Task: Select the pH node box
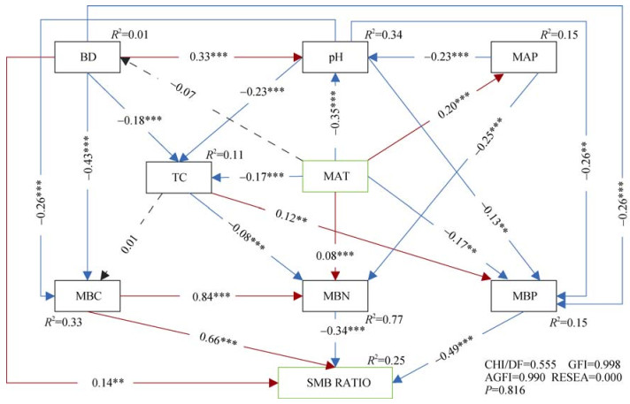pyautogui.click(x=334, y=58)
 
